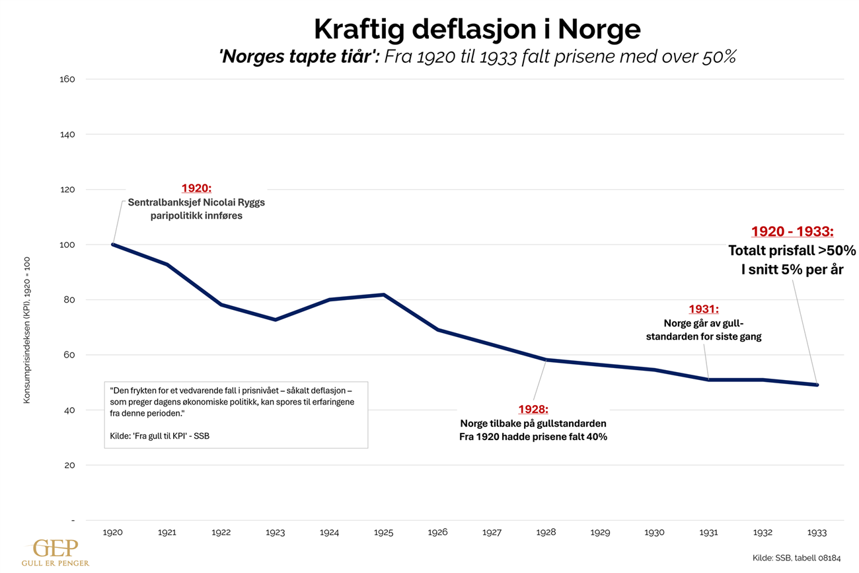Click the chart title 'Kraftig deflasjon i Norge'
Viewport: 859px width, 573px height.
[x=476, y=30]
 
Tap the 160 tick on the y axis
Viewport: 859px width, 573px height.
[x=69, y=79]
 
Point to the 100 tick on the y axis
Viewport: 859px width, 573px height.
[x=69, y=245]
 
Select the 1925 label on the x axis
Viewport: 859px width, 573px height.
[x=383, y=532]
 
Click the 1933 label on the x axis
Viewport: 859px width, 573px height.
[x=817, y=532]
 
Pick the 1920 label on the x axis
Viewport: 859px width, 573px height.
[x=113, y=532]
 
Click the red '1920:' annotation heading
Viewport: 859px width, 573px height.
[x=196, y=188]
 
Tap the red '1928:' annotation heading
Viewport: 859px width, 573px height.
[x=533, y=410]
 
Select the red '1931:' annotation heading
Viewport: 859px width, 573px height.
[x=703, y=309]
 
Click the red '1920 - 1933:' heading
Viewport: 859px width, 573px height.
[x=792, y=232]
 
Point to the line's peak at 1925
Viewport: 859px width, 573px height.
[x=384, y=295]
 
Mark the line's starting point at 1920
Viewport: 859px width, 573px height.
[x=113, y=245]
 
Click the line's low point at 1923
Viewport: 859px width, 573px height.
[x=276, y=320]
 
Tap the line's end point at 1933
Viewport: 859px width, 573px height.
[x=817, y=385]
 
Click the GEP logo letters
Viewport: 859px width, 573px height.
[x=56, y=549]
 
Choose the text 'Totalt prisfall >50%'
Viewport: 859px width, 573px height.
[x=792, y=251]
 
